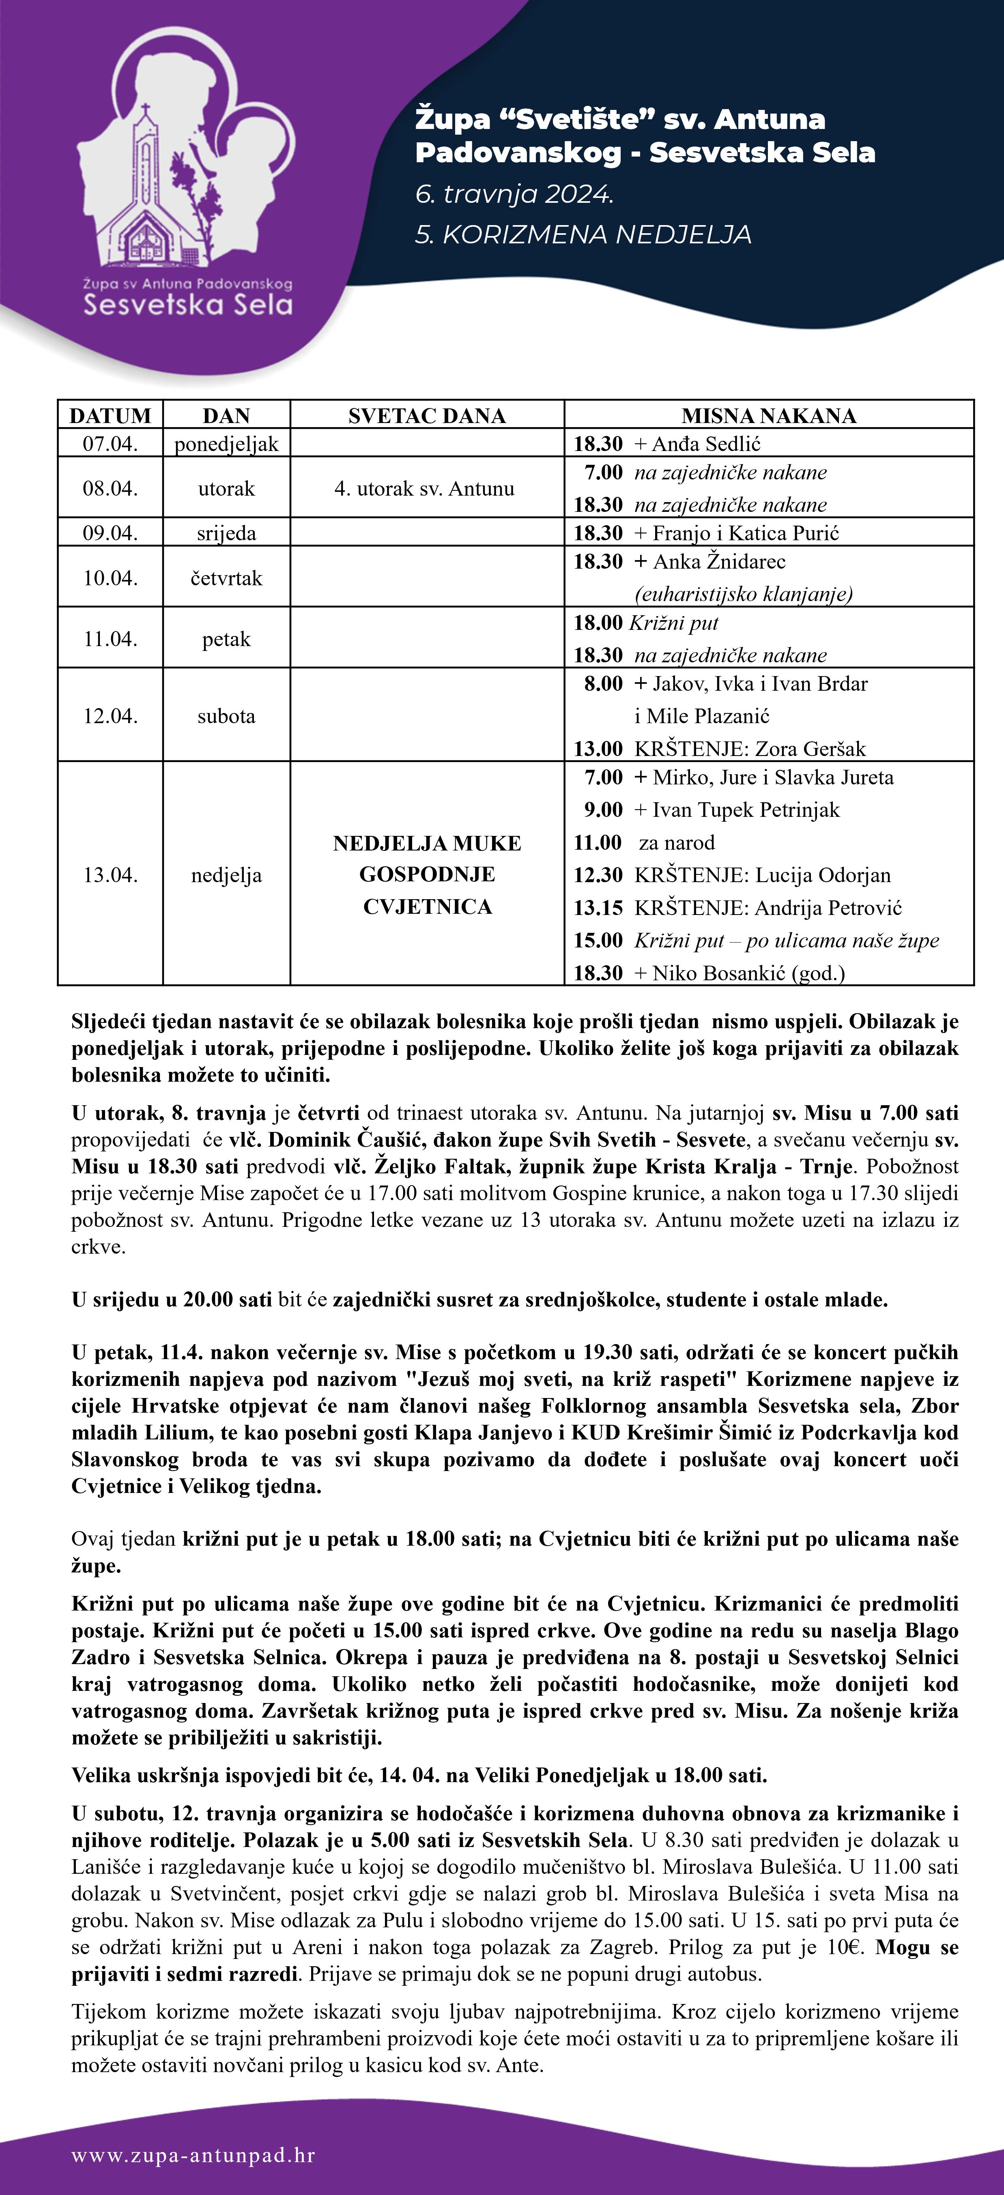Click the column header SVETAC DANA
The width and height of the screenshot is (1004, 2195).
427,416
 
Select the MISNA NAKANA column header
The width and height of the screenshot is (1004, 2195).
769,416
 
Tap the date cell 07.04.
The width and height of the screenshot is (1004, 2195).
110,443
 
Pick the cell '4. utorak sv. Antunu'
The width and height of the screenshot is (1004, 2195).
424,488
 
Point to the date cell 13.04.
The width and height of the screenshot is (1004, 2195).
110,875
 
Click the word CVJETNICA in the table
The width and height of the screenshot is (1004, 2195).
427,906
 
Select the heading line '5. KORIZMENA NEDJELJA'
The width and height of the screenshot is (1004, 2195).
583,234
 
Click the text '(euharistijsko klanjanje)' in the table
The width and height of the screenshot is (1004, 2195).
743,594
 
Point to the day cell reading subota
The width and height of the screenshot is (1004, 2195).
226,716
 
